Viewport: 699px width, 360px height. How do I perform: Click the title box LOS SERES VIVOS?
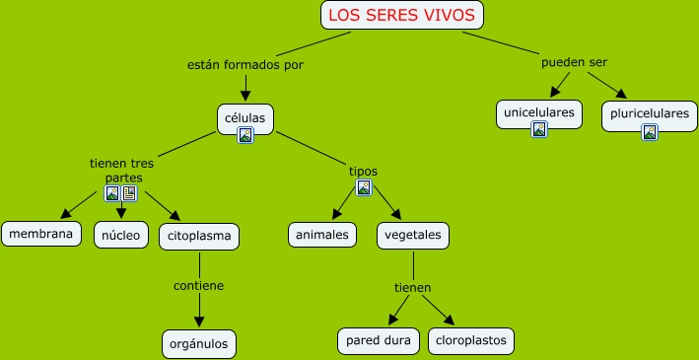pos(402,15)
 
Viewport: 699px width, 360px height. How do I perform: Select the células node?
pos(245,119)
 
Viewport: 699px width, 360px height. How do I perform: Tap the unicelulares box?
pos(539,114)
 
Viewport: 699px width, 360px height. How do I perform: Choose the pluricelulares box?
pos(650,116)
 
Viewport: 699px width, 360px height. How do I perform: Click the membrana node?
pos(41,234)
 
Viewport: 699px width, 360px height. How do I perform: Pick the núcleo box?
pos(121,235)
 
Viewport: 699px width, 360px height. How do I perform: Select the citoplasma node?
pos(199,237)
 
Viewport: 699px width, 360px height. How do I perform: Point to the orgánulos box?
pos(199,344)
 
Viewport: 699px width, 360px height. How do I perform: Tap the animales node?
pos(322,235)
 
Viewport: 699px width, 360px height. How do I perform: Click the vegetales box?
pos(413,236)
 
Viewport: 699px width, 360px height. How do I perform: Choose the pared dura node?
pos(379,341)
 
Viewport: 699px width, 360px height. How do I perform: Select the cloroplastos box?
pos(471,341)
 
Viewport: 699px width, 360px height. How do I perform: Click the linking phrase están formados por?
pos(245,65)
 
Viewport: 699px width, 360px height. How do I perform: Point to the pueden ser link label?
pos(574,62)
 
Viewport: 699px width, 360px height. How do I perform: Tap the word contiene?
pos(199,285)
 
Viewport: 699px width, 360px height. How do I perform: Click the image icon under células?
pos(245,135)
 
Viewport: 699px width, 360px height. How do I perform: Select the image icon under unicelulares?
pos(539,129)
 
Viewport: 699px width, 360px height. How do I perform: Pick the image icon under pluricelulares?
pos(650,132)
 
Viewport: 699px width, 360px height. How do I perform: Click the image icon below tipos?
pos(364,187)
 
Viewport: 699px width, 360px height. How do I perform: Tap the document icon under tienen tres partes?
pos(129,193)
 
